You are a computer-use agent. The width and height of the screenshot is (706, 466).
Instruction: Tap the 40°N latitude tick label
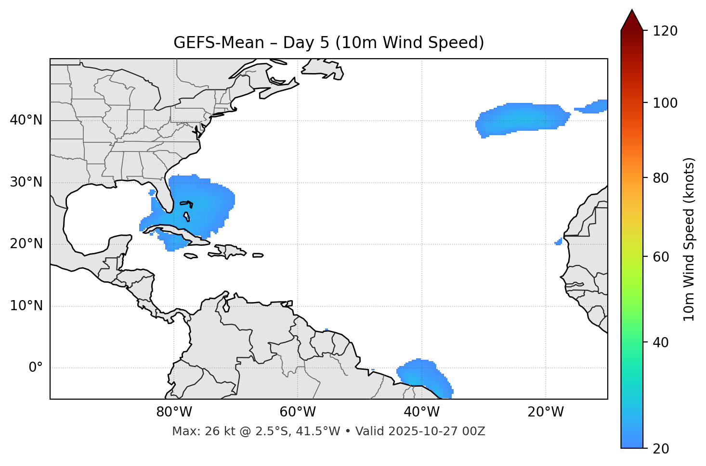pos(26,120)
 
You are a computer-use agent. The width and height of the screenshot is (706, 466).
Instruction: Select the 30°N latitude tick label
pos(26,182)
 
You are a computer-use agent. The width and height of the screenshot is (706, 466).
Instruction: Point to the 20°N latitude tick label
pos(26,244)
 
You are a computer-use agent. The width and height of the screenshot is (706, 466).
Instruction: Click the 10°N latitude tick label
pos(26,306)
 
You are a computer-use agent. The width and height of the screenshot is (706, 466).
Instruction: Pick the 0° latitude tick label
pos(36,368)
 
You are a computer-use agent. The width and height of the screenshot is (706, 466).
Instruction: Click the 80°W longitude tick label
pos(174,412)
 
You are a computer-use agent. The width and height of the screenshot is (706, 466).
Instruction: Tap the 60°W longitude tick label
pos(298,412)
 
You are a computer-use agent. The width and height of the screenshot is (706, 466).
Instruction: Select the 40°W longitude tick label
pos(422,412)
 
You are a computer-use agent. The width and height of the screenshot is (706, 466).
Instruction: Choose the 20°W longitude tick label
pos(546,412)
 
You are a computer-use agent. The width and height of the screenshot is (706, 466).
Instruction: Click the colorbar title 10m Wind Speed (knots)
pos(689,239)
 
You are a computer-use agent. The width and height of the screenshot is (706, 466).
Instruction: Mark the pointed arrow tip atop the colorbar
pos(631,11)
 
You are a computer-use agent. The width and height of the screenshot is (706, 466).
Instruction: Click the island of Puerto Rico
pos(258,255)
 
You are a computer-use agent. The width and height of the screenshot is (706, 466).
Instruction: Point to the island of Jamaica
pos(191,256)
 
